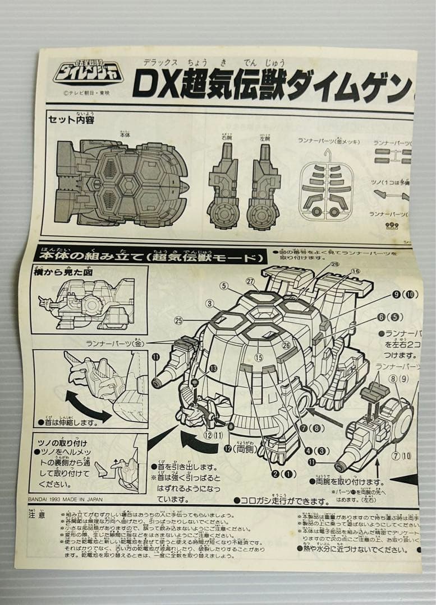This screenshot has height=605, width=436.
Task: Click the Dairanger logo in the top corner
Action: [x=89, y=72]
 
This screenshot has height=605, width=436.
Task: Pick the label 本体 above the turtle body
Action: [x=124, y=134]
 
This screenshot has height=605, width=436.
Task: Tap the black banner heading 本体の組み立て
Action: [x=149, y=257]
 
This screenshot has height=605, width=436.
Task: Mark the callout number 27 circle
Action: [x=250, y=281]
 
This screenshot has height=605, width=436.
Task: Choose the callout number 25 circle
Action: [x=179, y=320]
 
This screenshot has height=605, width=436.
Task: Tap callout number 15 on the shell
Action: [x=259, y=357]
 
